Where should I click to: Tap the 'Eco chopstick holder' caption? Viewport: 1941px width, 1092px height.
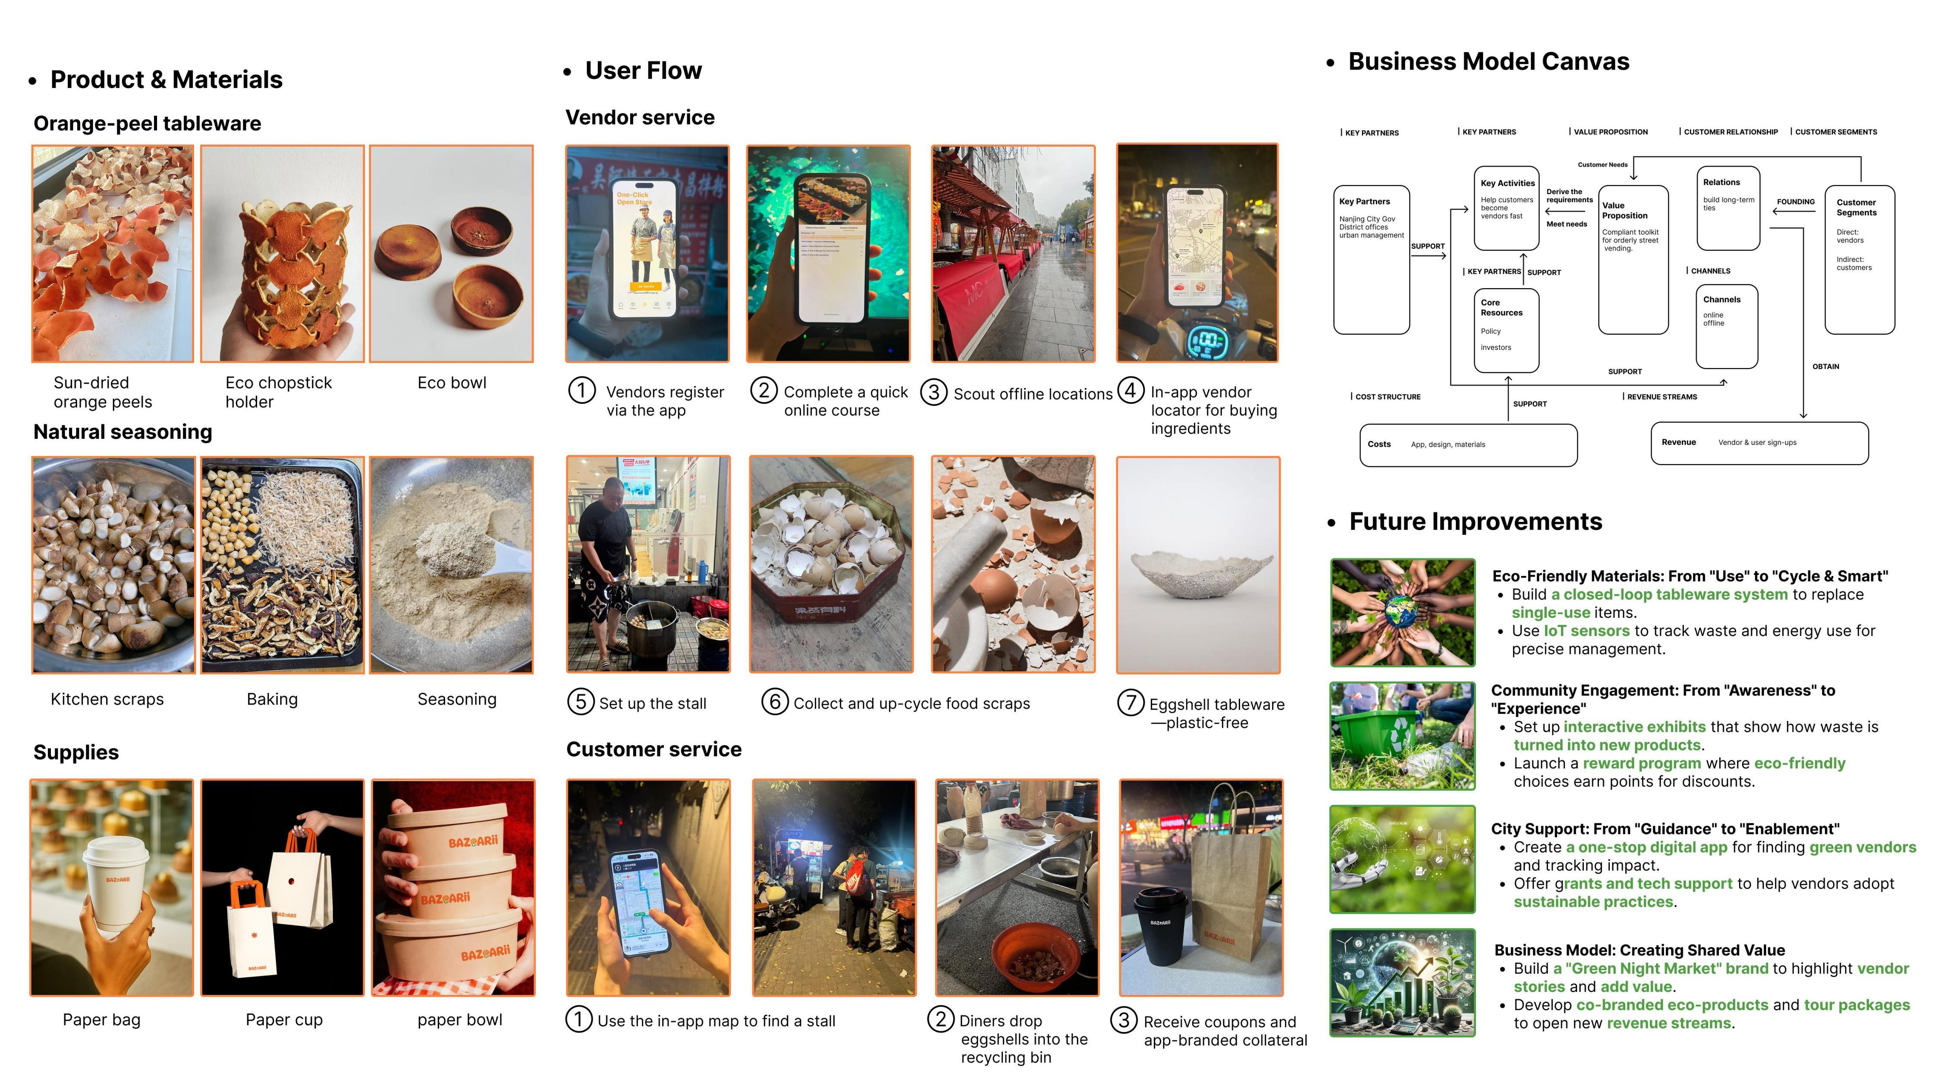click(278, 392)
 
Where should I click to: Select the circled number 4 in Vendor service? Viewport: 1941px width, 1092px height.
click(1130, 390)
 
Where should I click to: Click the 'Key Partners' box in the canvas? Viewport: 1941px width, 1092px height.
click(1371, 260)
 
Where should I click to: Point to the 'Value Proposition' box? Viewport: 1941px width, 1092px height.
click(1633, 260)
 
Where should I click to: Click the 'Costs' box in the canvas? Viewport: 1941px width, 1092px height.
click(1468, 445)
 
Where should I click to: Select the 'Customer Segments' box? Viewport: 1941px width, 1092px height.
click(1859, 260)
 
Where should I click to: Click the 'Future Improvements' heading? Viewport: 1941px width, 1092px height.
click(1475, 522)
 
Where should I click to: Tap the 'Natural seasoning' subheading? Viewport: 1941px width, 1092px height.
click(123, 432)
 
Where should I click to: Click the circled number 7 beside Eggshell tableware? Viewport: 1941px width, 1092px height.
click(1130, 702)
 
